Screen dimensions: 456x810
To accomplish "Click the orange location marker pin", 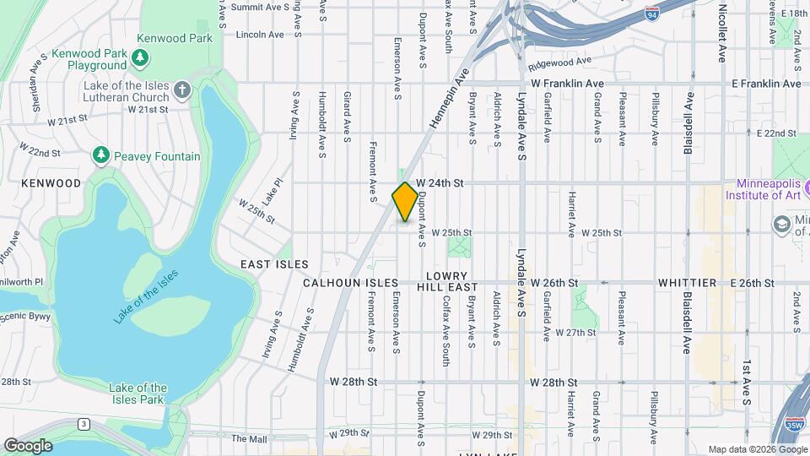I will pyautogui.click(x=405, y=202).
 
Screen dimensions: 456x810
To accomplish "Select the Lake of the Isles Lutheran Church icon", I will pyautogui.click(x=181, y=90).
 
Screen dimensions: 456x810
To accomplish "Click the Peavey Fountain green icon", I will pyautogui.click(x=101, y=155).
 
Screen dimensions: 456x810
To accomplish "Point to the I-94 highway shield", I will pyautogui.click(x=651, y=14).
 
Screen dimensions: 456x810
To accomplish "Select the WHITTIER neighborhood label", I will pyautogui.click(x=687, y=282).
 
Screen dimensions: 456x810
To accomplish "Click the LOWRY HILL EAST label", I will pyautogui.click(x=446, y=282).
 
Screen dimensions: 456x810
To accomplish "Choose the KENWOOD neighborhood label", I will pyautogui.click(x=51, y=182).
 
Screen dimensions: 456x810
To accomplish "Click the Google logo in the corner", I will pyautogui.click(x=28, y=445).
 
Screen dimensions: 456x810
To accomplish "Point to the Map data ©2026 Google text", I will pyautogui.click(x=756, y=449).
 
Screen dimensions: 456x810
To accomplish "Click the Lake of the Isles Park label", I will pyautogui.click(x=138, y=394).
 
